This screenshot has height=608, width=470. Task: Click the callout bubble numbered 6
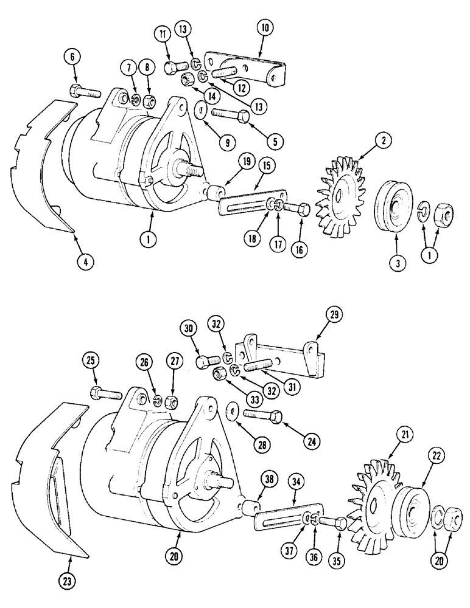click(72, 58)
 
